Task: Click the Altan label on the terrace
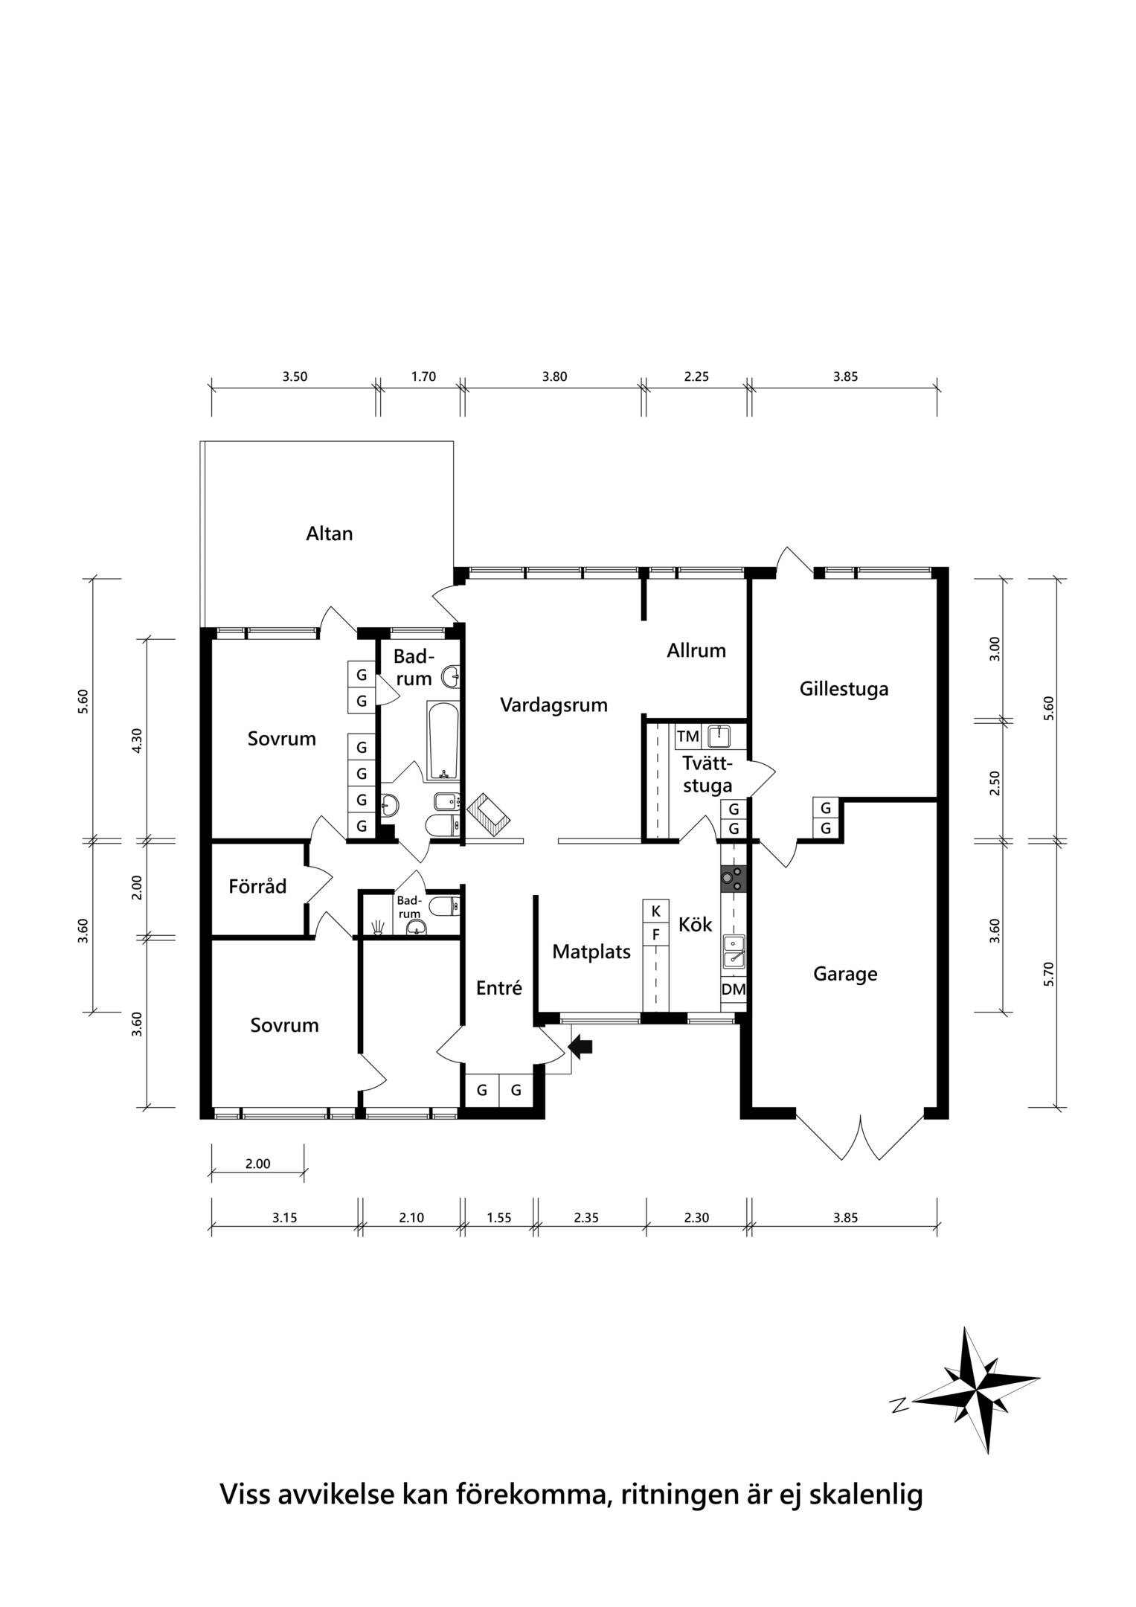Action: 329,533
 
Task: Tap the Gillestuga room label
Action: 844,689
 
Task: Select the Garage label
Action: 845,974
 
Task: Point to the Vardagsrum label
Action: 553,705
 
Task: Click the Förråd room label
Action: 257,886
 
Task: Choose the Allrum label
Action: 696,651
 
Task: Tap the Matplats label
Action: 591,952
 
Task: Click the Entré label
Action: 499,988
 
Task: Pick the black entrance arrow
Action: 580,1046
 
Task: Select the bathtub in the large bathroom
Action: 443,740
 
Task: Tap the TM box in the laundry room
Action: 688,737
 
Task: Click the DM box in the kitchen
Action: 734,989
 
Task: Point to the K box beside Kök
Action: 655,911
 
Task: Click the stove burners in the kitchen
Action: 733,879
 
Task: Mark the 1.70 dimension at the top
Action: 423,376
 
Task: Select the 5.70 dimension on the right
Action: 1049,974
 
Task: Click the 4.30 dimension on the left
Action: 136,740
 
